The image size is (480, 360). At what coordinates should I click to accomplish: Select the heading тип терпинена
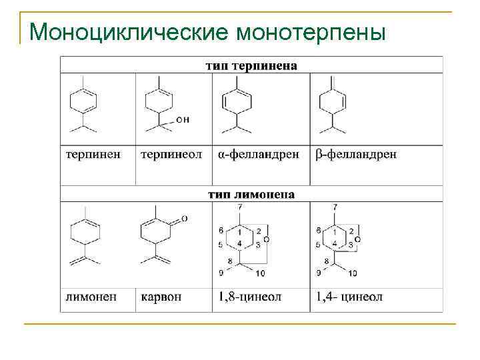251,65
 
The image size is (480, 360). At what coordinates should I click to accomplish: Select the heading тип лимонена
251,195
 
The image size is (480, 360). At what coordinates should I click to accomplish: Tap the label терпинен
93,154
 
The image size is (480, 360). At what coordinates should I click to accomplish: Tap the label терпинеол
171,154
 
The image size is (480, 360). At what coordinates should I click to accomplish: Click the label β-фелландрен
357,154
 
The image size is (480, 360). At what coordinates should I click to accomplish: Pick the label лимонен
94,296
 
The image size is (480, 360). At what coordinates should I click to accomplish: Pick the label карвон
161,296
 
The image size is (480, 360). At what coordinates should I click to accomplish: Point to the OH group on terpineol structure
183,119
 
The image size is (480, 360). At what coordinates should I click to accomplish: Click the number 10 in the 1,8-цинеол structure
259,273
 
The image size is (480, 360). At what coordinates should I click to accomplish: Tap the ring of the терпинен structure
83,102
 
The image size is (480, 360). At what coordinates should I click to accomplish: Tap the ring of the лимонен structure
85,233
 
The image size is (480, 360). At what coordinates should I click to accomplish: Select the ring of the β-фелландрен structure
333,102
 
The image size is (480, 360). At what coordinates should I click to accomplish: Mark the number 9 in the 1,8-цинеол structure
221,273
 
